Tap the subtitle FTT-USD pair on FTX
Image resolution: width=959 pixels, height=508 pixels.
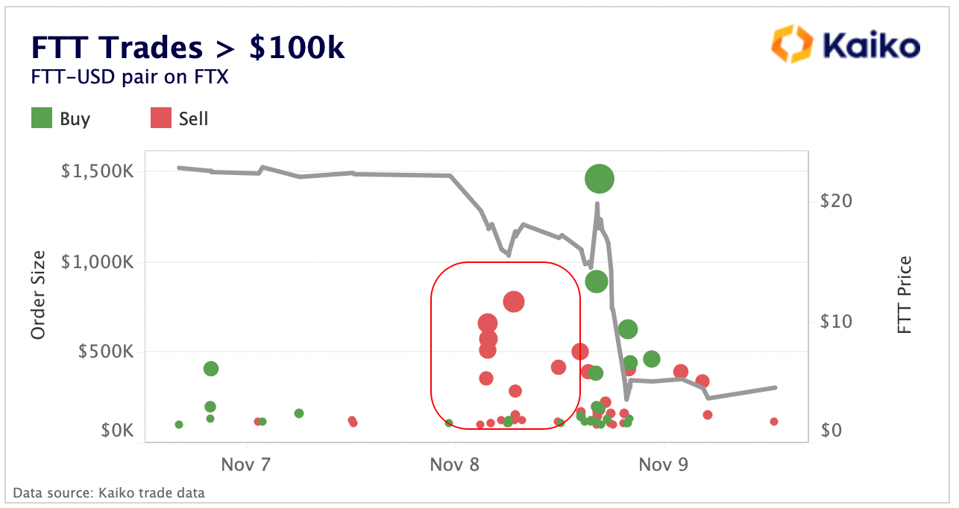[x=129, y=77]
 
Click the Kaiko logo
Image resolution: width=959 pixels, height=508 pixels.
[x=845, y=45]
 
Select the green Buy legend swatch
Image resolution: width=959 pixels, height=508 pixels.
[x=42, y=118]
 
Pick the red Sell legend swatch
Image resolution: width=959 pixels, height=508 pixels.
[x=161, y=118]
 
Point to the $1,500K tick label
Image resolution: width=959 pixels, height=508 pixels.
[x=96, y=171]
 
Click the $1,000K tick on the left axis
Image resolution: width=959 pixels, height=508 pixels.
[x=96, y=261]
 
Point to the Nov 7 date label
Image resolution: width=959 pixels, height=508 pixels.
[x=245, y=466]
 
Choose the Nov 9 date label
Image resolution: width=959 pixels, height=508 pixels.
[x=664, y=466]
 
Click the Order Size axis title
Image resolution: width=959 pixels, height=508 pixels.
[x=39, y=295]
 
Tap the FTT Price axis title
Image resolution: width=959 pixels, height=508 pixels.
[x=905, y=295]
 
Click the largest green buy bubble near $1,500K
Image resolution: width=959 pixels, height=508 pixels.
[x=599, y=178]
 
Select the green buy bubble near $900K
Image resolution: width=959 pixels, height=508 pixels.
[x=597, y=281]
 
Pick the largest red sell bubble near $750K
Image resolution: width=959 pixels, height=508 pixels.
[x=514, y=301]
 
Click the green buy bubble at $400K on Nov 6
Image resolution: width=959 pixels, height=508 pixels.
[x=211, y=369]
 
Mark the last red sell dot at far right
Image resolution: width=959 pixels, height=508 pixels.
[x=774, y=422]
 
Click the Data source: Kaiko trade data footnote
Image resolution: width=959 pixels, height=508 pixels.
[x=109, y=492]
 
